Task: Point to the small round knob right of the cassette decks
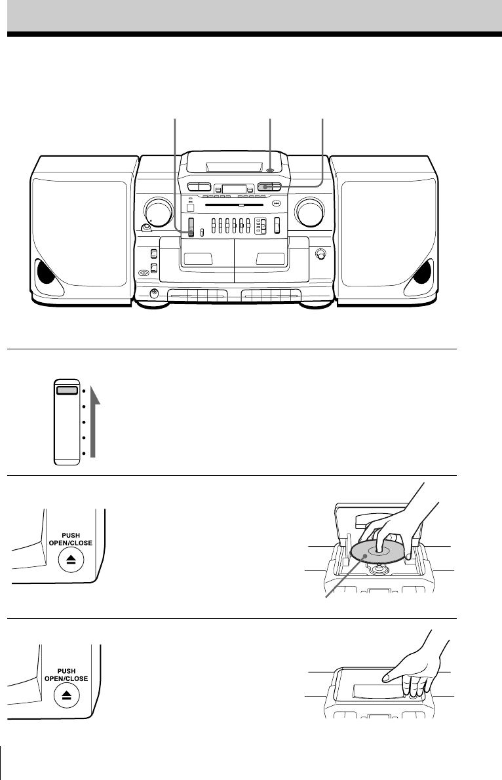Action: [321, 254]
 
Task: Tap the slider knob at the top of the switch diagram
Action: [66, 390]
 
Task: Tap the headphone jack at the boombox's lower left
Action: [155, 294]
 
